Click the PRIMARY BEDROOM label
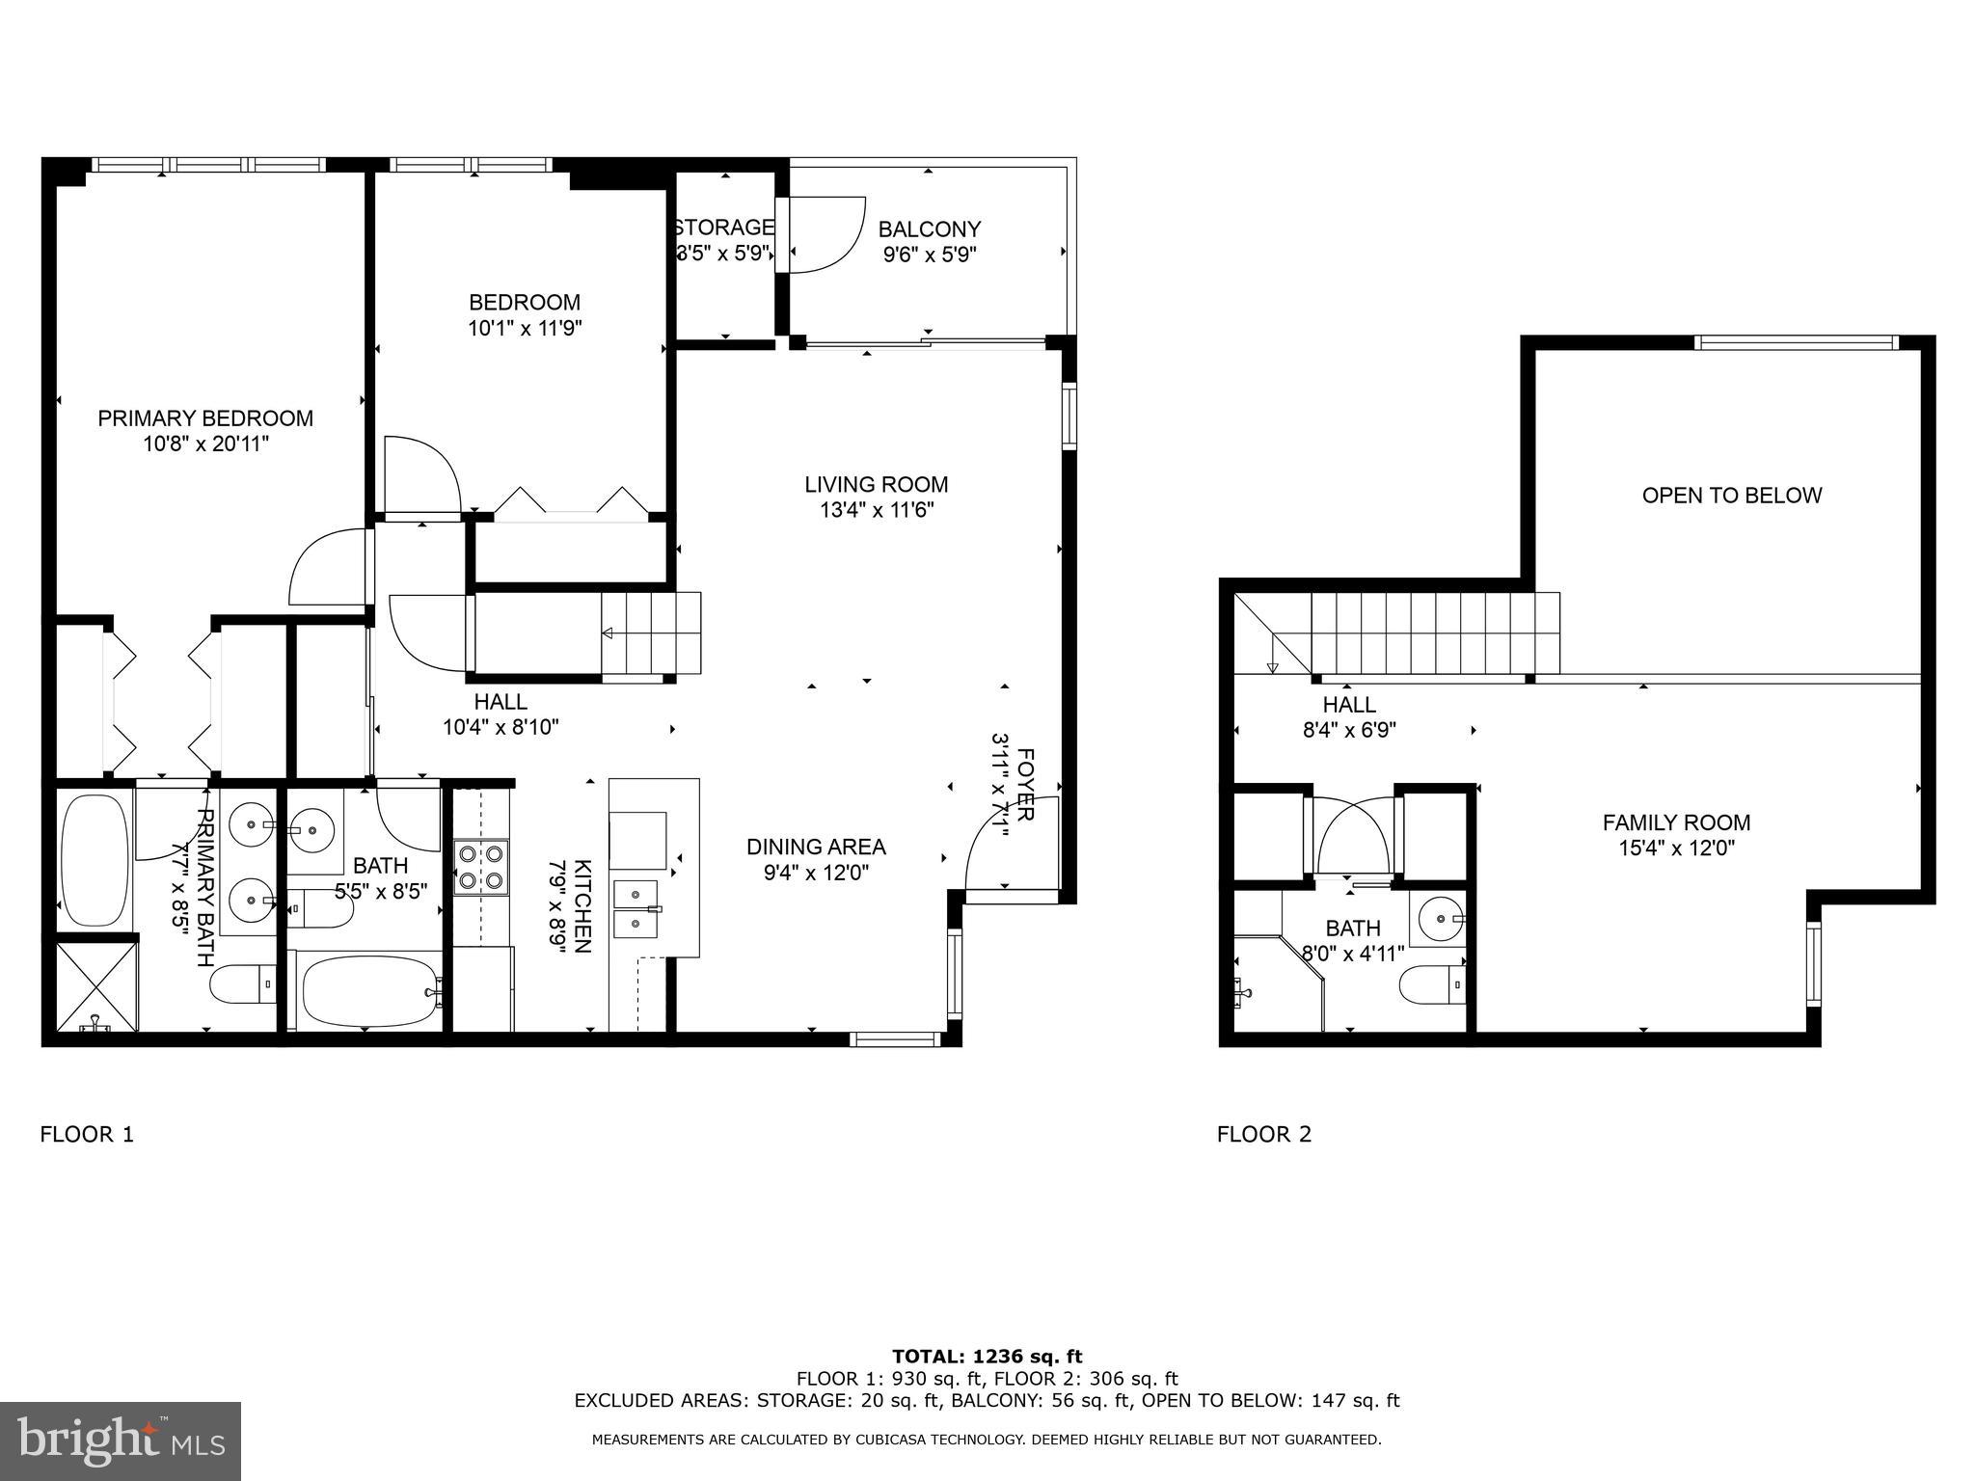click(x=205, y=418)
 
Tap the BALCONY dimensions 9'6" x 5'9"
click(x=929, y=256)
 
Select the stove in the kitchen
click(x=481, y=867)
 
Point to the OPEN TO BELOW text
click(x=1731, y=496)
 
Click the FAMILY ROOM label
click(x=1676, y=822)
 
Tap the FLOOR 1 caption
click(x=87, y=1135)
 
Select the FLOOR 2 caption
click(x=1263, y=1135)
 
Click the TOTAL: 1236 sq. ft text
click(x=987, y=1357)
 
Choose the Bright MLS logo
click(x=120, y=1441)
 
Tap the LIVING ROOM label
click(x=876, y=484)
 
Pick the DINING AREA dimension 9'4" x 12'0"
click(x=815, y=873)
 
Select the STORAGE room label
click(x=723, y=228)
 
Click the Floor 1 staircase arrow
click(x=610, y=633)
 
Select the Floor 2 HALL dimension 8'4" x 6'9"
click(x=1348, y=731)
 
